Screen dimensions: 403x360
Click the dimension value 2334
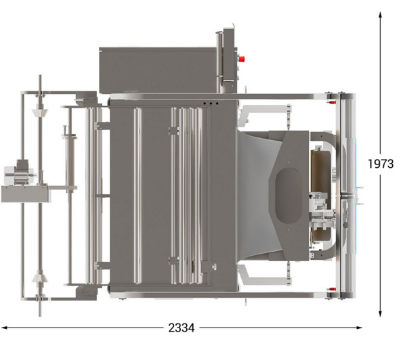[x=182, y=328]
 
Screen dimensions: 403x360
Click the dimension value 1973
[x=381, y=164]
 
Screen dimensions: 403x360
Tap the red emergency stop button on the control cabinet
[x=241, y=59]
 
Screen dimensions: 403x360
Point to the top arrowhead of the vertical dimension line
[x=380, y=15]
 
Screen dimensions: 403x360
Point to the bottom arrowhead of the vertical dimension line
[x=380, y=313]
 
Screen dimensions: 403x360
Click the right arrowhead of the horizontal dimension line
[x=359, y=328]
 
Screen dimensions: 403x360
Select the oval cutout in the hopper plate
[x=288, y=196]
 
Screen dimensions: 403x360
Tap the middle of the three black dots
[x=211, y=104]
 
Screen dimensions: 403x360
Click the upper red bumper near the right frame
[x=331, y=102]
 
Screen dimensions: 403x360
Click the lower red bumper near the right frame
[x=331, y=290]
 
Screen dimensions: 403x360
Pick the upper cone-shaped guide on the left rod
[x=40, y=112]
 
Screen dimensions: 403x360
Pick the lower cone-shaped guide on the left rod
[x=40, y=277]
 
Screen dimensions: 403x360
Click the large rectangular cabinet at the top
[x=158, y=70]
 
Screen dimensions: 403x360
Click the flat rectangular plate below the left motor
[x=25, y=194]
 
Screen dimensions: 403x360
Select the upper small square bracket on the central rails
[x=174, y=131]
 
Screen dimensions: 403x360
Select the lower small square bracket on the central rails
[x=174, y=261]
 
